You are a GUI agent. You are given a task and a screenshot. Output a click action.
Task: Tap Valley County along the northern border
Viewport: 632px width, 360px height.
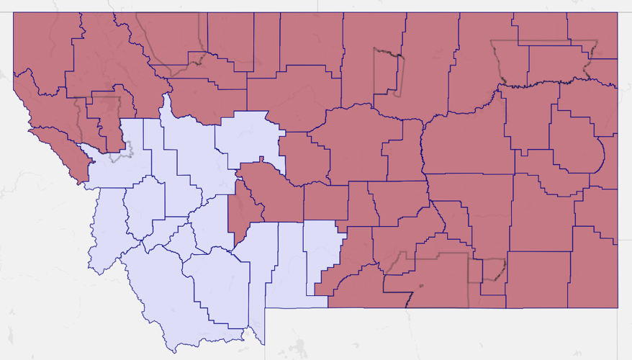(475, 65)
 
